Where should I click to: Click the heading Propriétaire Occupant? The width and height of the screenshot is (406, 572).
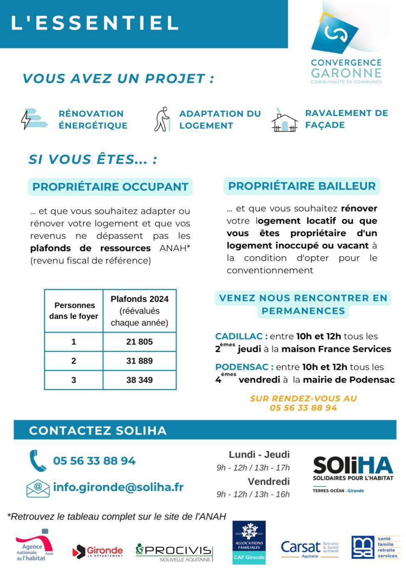coord(110,187)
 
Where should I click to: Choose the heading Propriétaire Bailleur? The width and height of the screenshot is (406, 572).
coord(302,186)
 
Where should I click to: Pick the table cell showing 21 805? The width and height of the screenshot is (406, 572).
coord(139,342)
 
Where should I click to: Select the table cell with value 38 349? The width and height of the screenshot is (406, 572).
coord(139,380)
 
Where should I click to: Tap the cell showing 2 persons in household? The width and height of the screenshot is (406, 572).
coord(74,361)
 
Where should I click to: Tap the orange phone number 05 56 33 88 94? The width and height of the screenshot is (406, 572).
coord(303,408)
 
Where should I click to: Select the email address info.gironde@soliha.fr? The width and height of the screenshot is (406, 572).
coord(118,487)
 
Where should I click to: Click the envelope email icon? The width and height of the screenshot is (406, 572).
coord(38,488)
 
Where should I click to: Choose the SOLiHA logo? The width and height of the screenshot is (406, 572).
coord(353,473)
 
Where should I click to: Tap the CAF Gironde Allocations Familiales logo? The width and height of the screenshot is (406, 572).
coord(249,542)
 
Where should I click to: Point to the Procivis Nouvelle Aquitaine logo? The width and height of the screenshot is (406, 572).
coord(174,552)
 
